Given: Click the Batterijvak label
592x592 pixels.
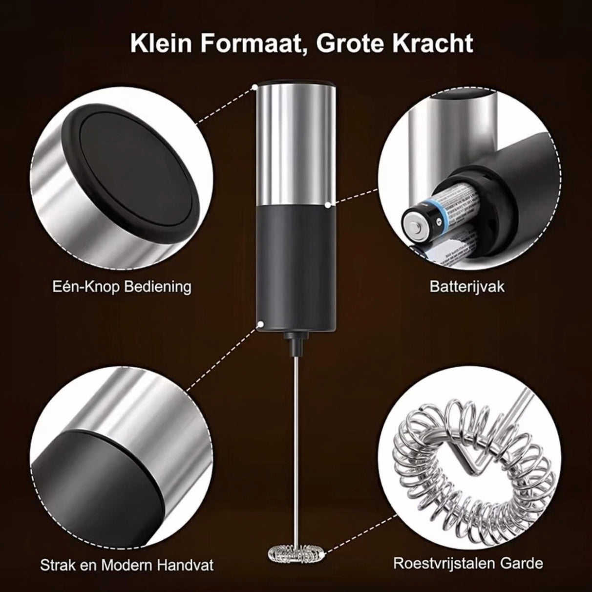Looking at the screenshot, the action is point(467,287).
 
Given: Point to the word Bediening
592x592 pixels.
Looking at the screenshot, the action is point(158,287).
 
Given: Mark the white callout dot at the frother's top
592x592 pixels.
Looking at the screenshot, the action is point(254,87).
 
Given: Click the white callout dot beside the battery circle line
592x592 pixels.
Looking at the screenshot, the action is point(328,204).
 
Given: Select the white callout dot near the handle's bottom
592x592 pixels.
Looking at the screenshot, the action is point(261,324).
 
